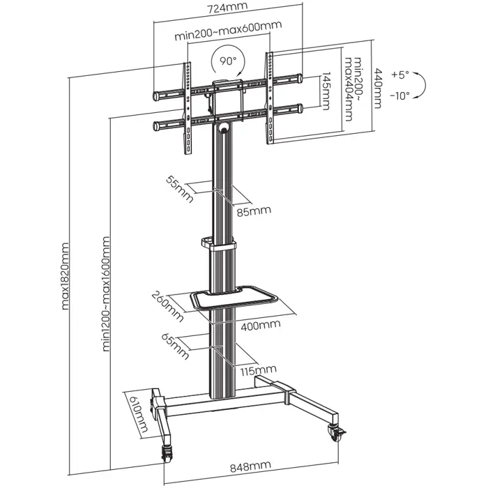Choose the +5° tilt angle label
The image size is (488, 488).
pos(401,73)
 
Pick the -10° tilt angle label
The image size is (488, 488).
pos(400,95)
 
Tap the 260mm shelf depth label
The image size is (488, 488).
pos(169,308)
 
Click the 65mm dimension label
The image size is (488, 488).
pos(178,345)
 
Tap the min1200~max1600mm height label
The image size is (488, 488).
pos(107,295)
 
